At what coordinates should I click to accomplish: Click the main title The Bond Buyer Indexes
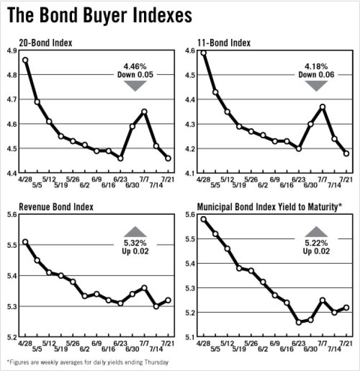[x=99, y=16]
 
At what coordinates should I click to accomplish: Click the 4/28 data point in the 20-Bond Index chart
[x=25, y=60]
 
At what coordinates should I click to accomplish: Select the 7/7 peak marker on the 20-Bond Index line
[x=144, y=111]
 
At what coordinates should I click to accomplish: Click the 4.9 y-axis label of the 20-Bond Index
[x=11, y=51]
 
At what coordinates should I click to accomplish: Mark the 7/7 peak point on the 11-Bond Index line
[x=322, y=107]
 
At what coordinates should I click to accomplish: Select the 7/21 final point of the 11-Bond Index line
[x=346, y=153]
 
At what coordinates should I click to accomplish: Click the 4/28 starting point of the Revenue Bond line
[x=25, y=242]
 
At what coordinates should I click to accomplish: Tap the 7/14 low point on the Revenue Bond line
[x=156, y=306]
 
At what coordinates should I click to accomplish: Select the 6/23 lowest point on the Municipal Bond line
[x=299, y=322]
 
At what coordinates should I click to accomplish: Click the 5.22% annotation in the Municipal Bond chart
[x=317, y=243]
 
